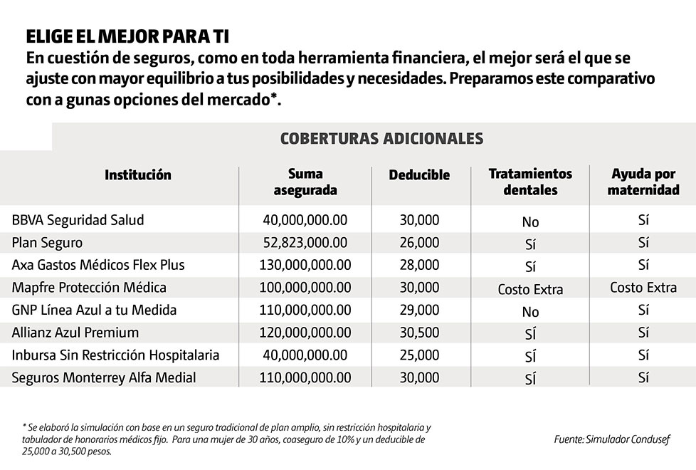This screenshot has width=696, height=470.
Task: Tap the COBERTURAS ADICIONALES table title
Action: point(382,137)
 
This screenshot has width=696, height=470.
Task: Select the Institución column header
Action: point(138,174)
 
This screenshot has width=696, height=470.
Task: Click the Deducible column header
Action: point(419,174)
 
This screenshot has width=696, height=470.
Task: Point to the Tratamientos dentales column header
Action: point(530,182)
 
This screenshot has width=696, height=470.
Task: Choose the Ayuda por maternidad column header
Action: point(643,182)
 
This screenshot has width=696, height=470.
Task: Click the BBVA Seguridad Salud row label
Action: point(78,220)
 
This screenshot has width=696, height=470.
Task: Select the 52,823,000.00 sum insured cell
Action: point(305,243)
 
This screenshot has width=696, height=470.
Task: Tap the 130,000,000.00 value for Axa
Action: point(305,265)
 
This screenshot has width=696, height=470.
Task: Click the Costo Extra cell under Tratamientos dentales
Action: point(530,289)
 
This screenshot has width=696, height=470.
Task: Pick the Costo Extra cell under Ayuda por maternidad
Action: point(643,288)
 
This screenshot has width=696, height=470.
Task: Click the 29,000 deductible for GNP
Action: point(419,310)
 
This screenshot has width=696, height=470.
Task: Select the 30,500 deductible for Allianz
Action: point(419,333)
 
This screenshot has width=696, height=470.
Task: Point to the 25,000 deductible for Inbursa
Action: point(419,355)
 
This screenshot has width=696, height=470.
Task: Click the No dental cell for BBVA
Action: point(530,222)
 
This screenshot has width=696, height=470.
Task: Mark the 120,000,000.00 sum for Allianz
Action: point(305,333)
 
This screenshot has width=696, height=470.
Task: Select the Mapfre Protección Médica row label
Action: point(89,288)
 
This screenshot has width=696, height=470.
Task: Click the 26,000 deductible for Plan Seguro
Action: point(419,243)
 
